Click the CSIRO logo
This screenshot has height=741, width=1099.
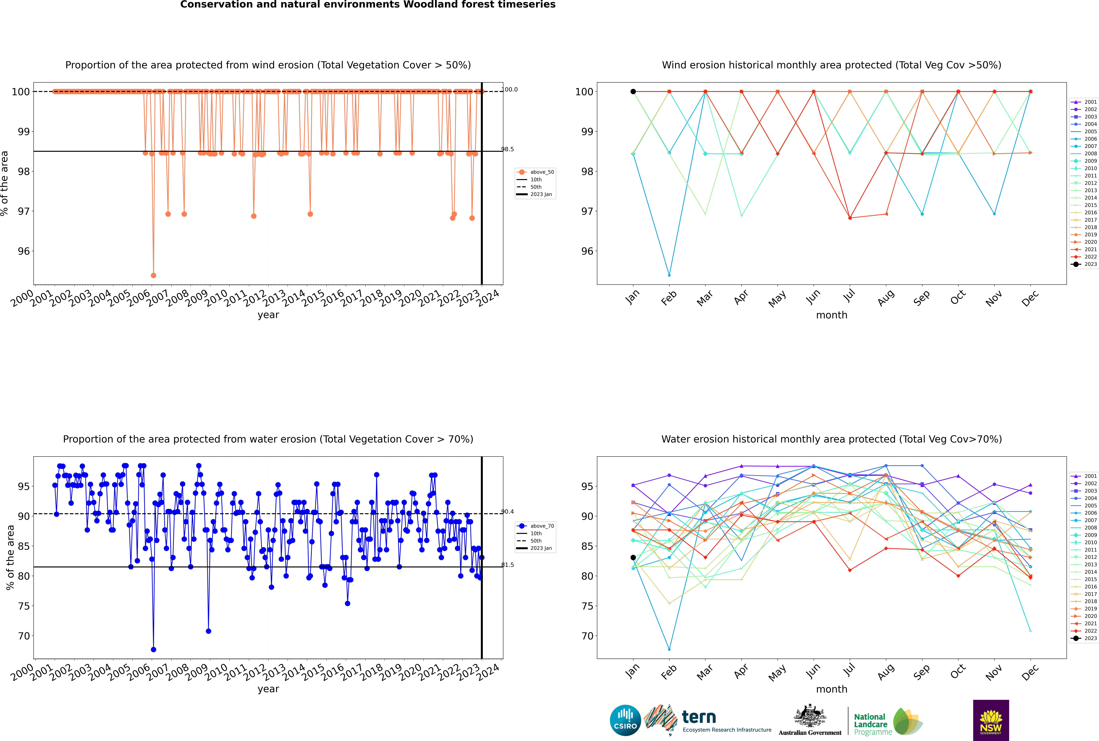[625, 720]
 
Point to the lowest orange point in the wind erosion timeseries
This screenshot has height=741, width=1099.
[153, 275]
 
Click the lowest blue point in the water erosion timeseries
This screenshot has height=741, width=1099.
[153, 649]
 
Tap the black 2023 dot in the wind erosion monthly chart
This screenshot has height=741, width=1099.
[633, 92]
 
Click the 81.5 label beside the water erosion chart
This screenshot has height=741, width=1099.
[507, 565]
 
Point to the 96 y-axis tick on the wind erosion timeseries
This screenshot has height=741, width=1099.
[24, 251]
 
